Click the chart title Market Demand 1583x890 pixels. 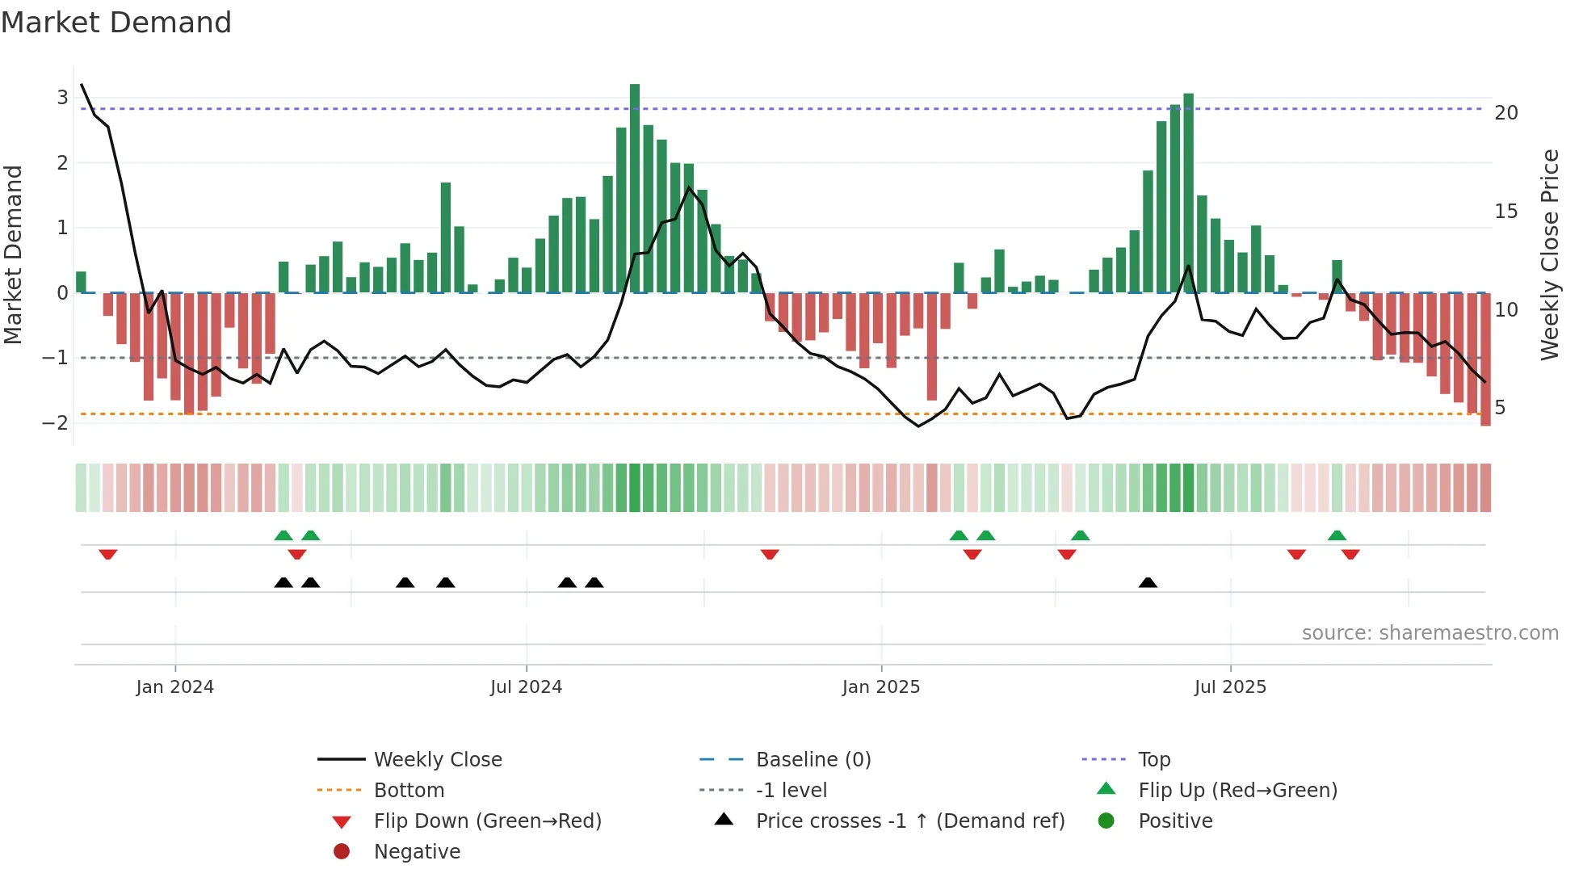point(116,23)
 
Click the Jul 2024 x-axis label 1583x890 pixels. point(526,686)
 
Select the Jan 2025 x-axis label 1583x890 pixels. point(880,686)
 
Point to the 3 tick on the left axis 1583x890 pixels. point(62,98)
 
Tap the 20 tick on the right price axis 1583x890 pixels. point(1505,113)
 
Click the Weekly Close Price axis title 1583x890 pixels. point(1549,254)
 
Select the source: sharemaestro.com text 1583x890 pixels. point(1430,632)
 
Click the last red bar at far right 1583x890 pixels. point(1485,359)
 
